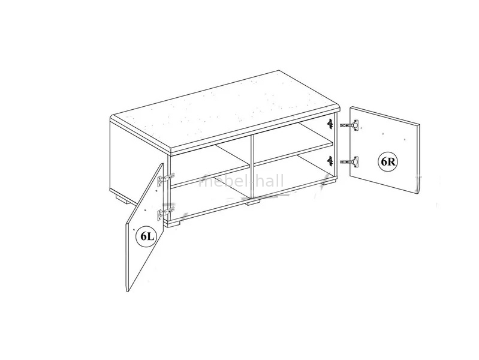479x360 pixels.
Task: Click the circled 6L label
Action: [146, 236]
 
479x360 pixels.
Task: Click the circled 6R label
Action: [388, 162]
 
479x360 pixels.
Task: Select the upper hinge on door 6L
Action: [166, 178]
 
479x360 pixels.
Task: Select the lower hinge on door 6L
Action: [166, 213]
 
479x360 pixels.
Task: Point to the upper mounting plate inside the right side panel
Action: [330, 123]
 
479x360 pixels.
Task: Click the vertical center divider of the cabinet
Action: [252, 167]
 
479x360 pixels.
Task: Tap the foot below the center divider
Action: [254, 202]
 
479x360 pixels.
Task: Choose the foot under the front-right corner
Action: [330, 183]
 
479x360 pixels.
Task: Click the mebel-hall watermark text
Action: [241, 181]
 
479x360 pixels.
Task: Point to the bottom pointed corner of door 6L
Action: [128, 292]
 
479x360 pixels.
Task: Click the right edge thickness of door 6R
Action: [418, 159]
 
